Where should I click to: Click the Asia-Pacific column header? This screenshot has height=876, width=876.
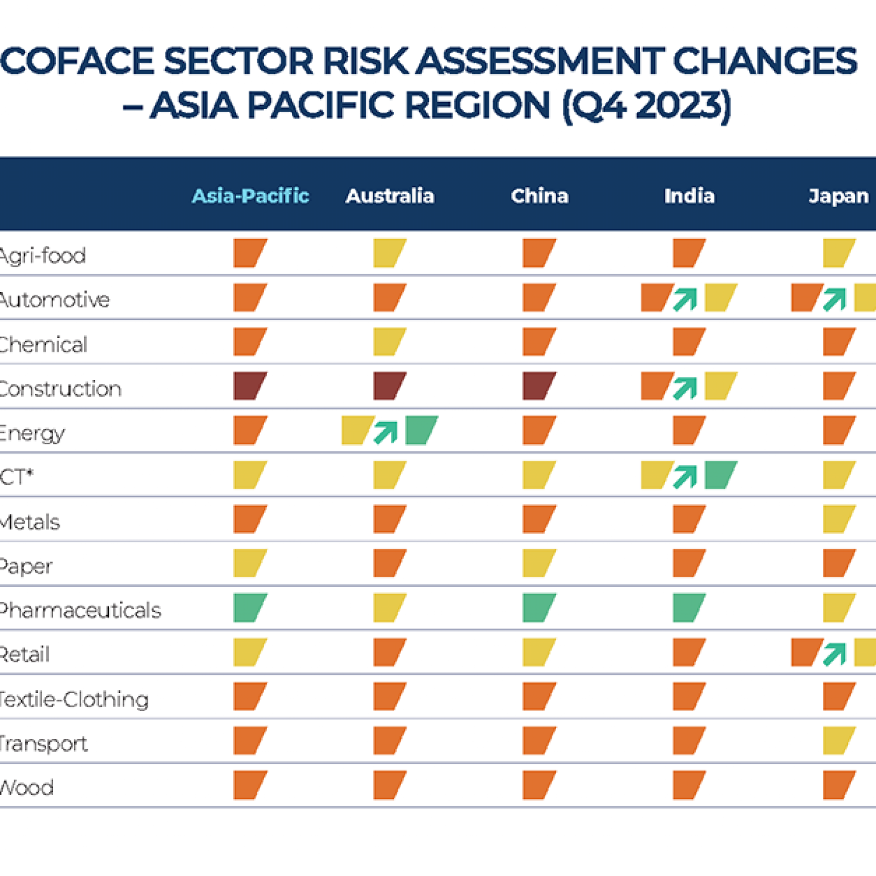point(250,196)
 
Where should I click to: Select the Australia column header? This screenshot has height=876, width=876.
point(390,196)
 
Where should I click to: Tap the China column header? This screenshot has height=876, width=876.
point(540,196)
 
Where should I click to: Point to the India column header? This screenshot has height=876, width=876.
point(689,196)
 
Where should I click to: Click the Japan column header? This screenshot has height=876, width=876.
point(838,196)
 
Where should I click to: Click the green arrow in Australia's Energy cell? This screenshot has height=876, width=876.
point(386,432)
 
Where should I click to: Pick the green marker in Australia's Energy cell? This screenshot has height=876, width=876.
point(421,430)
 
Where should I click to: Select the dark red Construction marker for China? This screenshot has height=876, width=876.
point(539,386)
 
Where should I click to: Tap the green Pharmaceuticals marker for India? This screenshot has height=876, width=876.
point(689,607)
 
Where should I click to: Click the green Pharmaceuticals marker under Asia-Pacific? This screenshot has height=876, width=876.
point(250,607)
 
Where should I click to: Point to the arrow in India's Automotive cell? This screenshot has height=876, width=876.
point(686,299)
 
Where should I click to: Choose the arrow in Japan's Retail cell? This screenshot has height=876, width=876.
point(835,654)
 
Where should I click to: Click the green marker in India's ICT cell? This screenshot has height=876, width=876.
point(720,474)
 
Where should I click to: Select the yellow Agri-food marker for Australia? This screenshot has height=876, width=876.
point(390,253)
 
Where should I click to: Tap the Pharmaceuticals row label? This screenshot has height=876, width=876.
point(80,610)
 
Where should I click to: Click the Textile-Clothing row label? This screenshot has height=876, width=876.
point(74,699)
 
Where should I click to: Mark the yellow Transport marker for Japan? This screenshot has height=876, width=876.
point(838,740)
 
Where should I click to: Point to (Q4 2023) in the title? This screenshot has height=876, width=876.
point(646,106)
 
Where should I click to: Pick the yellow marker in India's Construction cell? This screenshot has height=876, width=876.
point(720,386)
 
